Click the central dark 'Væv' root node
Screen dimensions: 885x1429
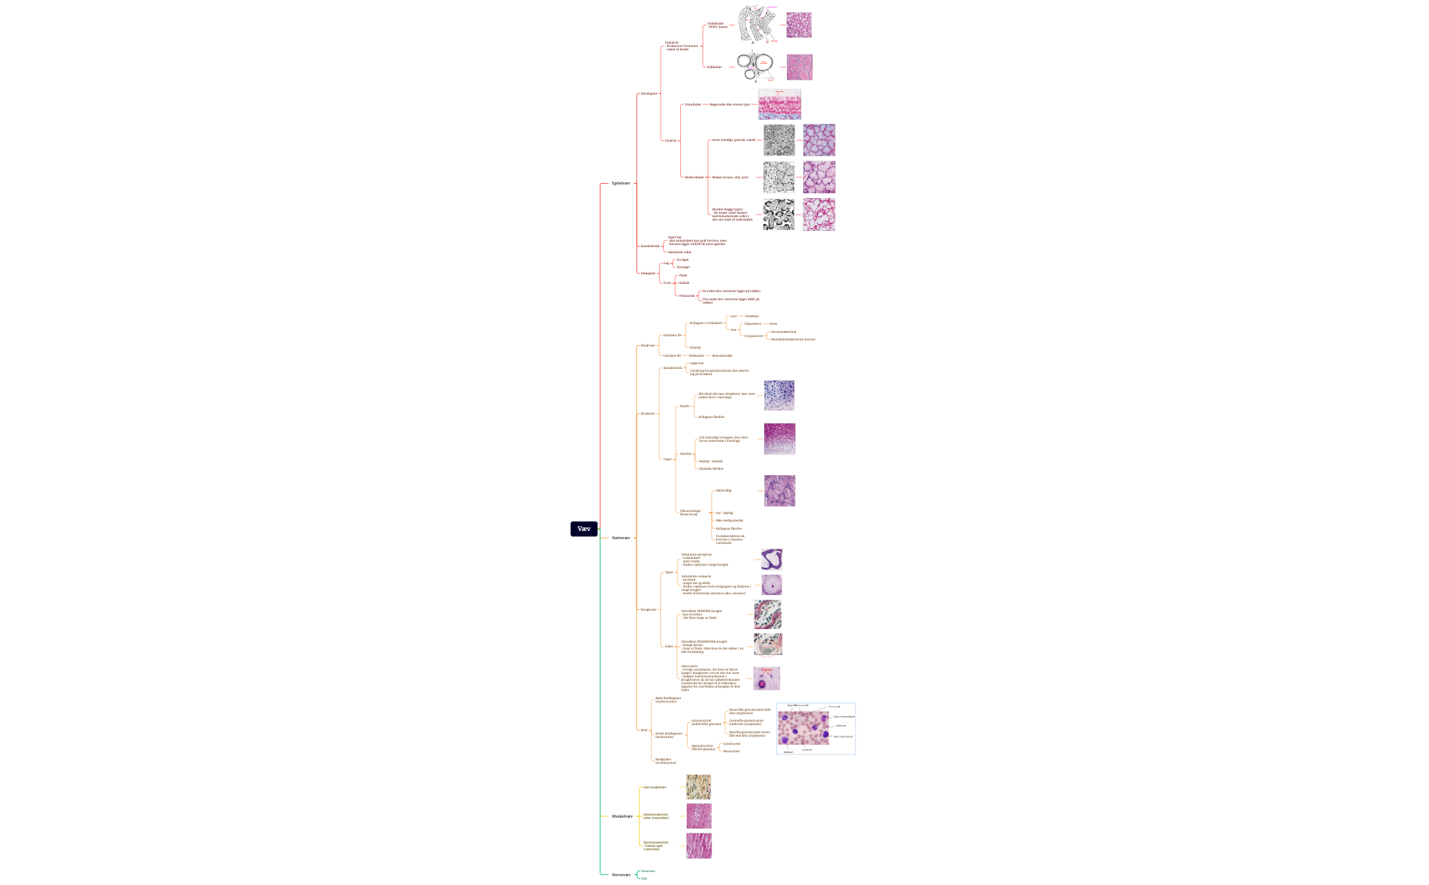[x=583, y=529]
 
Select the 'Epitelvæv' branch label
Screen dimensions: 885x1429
[x=621, y=183]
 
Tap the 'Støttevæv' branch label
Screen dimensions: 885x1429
[x=621, y=538]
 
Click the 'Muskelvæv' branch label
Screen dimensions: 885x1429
[x=622, y=816]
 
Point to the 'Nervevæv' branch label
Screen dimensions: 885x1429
[x=621, y=875]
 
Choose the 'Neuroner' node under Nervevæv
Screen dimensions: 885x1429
[x=648, y=871]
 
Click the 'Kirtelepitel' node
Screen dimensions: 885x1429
[x=649, y=93]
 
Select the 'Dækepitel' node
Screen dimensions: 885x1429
[x=648, y=273]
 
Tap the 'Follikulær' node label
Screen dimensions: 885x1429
[x=714, y=67]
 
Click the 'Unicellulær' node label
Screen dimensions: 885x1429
[x=692, y=104]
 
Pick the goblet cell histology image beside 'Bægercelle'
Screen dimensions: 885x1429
[x=780, y=104]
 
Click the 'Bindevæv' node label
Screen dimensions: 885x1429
[x=647, y=345]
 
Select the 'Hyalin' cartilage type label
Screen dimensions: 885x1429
[x=684, y=406]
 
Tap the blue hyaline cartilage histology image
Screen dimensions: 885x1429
[x=779, y=396]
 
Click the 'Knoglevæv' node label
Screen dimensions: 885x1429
[x=648, y=609]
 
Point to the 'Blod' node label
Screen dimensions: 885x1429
[x=643, y=730]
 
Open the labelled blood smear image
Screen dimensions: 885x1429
[x=816, y=728]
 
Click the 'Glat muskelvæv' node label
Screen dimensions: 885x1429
[x=655, y=787]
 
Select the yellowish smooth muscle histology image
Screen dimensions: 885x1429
[x=698, y=787]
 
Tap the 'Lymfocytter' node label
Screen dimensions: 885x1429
[x=732, y=743]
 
